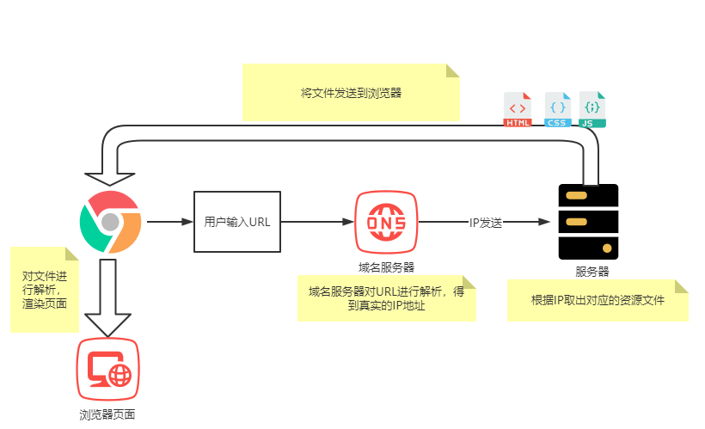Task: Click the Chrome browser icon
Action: [x=110, y=222]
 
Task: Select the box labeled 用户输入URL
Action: [x=237, y=222]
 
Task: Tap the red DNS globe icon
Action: [x=386, y=222]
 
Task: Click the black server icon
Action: [x=588, y=222]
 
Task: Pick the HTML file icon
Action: [x=518, y=110]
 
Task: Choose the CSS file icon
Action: [x=557, y=110]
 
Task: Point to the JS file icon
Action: [x=592, y=110]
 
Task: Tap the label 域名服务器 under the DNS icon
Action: [x=386, y=266]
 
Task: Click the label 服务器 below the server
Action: [x=592, y=272]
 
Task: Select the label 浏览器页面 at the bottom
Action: [x=107, y=415]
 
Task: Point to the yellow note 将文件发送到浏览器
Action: [x=351, y=92]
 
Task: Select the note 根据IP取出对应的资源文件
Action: [x=598, y=301]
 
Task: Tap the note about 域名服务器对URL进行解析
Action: [x=386, y=298]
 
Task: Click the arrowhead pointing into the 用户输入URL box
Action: [x=187, y=222]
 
